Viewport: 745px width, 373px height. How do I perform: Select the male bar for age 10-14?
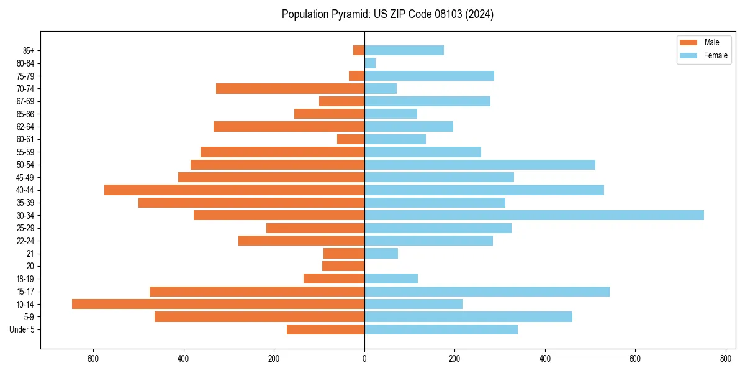[x=218, y=304]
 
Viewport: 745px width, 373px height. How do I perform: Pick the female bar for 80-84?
[x=370, y=63]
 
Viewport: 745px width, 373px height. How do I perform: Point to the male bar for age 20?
[x=343, y=266]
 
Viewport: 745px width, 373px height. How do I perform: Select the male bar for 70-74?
[x=290, y=88]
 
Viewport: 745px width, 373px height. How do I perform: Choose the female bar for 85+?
[x=404, y=50]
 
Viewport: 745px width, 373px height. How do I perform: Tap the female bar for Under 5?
[x=441, y=329]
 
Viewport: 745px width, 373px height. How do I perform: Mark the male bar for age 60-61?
[x=351, y=139]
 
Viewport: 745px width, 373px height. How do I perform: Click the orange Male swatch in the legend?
[x=689, y=42]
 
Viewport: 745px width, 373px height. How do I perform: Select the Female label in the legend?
[x=716, y=55]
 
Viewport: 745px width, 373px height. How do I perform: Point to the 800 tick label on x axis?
[x=725, y=359]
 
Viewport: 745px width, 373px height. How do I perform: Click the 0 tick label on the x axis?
[x=364, y=359]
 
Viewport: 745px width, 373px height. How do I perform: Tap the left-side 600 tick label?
[x=93, y=359]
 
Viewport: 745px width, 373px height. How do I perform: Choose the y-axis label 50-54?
[x=25, y=165]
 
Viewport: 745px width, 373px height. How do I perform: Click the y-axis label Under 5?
[x=22, y=329]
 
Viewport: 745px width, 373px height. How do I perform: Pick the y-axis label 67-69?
[x=25, y=101]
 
